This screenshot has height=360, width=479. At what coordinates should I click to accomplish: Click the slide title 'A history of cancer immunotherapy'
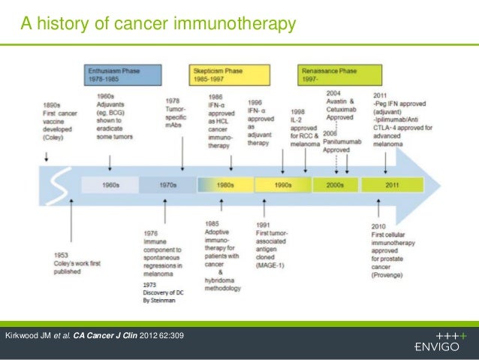[158, 26]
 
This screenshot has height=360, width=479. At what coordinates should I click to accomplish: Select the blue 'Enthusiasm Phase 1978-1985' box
[122, 74]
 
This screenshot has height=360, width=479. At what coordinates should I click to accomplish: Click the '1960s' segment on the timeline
[110, 184]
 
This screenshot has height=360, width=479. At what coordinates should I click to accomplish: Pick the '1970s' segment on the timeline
[168, 184]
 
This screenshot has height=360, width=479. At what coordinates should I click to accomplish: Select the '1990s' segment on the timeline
[282, 184]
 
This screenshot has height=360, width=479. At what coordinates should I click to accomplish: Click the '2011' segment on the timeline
[391, 184]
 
